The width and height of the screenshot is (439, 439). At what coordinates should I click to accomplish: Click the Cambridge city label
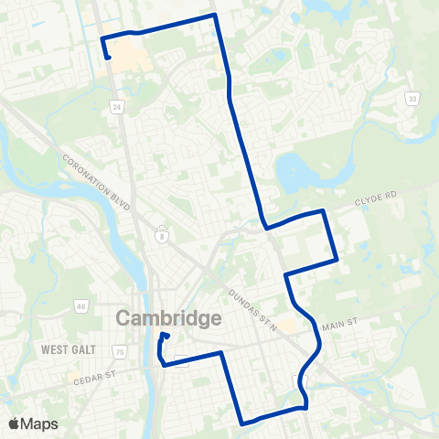[x=169, y=319]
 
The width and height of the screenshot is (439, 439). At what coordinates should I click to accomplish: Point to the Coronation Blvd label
[x=98, y=180]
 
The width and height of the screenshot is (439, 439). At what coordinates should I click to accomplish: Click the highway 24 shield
[x=117, y=107]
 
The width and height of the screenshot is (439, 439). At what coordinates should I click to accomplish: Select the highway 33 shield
[x=412, y=98]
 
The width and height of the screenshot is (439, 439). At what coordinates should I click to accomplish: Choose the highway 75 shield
[x=120, y=350]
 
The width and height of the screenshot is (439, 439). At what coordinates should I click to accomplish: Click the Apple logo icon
[x=16, y=423]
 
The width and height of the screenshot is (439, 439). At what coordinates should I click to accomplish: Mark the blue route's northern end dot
[x=108, y=58]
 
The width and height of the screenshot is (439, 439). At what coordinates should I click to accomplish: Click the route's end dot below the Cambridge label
[x=166, y=336]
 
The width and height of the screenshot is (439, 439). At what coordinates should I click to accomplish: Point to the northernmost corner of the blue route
[x=214, y=15]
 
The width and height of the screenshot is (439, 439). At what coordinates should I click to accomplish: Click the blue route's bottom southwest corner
[x=241, y=423]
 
